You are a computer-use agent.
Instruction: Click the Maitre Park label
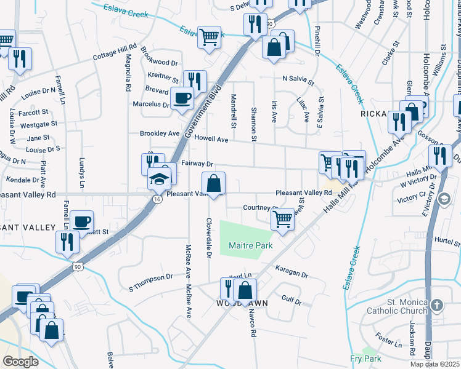point(250,245)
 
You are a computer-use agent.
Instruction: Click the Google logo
point(20,362)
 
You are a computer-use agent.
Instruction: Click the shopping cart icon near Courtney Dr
point(282,217)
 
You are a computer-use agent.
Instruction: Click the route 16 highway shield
point(158,199)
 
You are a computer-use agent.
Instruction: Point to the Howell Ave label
point(211,140)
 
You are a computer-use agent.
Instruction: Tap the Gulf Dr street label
point(291,301)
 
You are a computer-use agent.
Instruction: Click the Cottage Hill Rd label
point(114,52)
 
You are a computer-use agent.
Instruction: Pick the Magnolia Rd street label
point(128,73)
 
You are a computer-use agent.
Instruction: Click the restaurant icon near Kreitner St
point(195,81)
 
